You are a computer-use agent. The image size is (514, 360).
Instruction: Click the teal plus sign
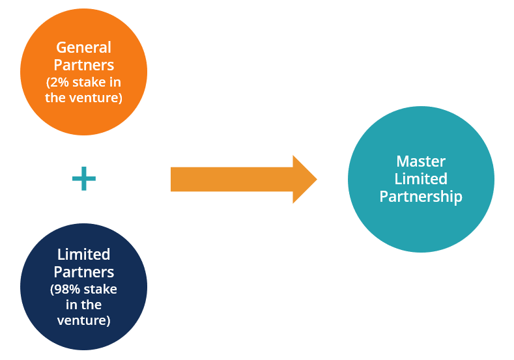click(83, 179)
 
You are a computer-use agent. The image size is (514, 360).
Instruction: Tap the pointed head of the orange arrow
click(304, 179)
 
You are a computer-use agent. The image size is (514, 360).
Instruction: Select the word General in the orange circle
click(83, 48)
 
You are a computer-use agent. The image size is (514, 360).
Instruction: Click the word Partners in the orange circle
click(83, 65)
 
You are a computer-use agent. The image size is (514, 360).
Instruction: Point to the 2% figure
click(59, 83)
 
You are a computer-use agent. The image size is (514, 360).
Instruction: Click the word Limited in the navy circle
click(83, 254)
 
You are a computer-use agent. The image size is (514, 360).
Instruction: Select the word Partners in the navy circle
click(83, 271)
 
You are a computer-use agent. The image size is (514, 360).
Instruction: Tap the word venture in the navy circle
click(83, 320)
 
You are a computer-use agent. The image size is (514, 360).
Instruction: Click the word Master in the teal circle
click(420, 161)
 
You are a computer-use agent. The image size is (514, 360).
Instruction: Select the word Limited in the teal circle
click(420, 179)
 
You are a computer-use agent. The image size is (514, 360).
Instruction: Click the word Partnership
click(420, 197)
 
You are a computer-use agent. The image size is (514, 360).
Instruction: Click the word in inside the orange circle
click(115, 83)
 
